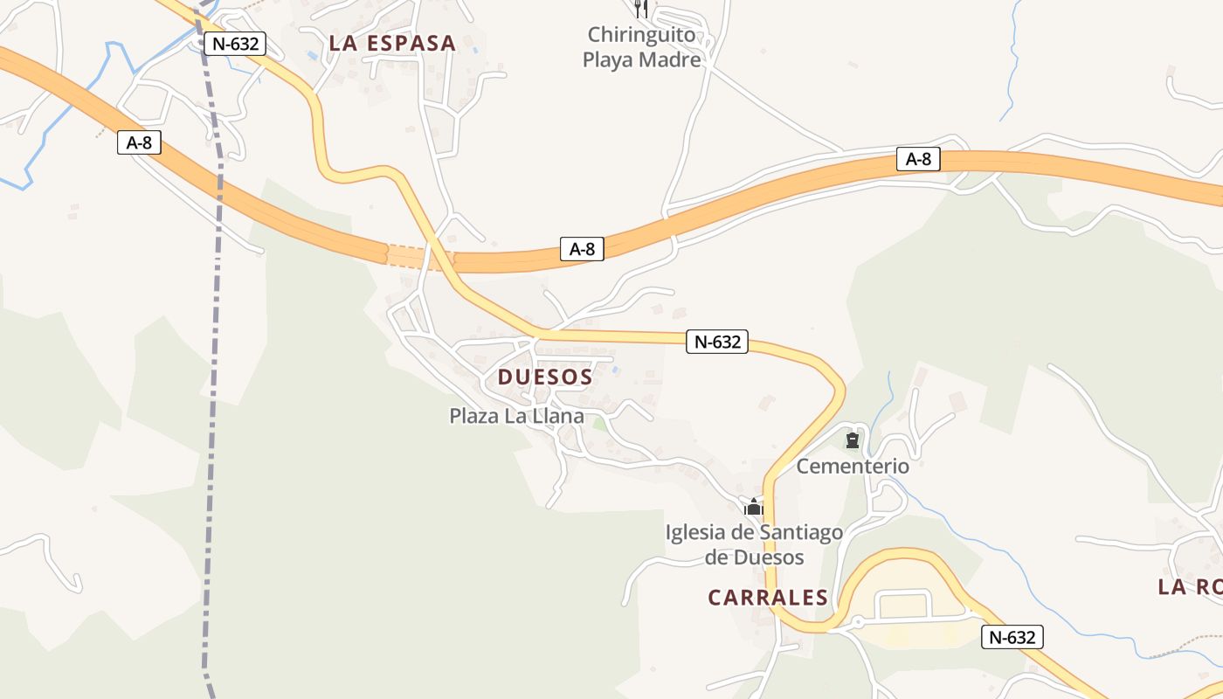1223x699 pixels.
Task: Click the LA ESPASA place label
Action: [392, 43]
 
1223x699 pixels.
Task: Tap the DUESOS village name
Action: [545, 377]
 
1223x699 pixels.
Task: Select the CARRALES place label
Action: [768, 598]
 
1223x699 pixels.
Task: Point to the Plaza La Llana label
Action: [516, 416]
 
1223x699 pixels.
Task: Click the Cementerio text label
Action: [853, 466]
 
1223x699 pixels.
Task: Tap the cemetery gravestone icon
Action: [853, 439]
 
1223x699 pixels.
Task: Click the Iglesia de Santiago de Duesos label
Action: [754, 544]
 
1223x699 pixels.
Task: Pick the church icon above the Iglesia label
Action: [754, 507]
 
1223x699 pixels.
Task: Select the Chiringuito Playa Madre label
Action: [642, 47]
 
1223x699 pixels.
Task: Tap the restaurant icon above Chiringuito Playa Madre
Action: [641, 9]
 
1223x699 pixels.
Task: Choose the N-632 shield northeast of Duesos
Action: [717, 342]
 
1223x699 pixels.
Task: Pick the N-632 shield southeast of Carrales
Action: [1012, 637]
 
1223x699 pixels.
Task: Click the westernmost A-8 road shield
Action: [140, 142]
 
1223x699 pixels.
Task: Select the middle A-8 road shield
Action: [582, 249]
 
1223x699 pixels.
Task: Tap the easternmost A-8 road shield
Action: [918, 158]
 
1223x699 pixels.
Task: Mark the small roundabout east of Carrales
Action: [858, 622]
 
